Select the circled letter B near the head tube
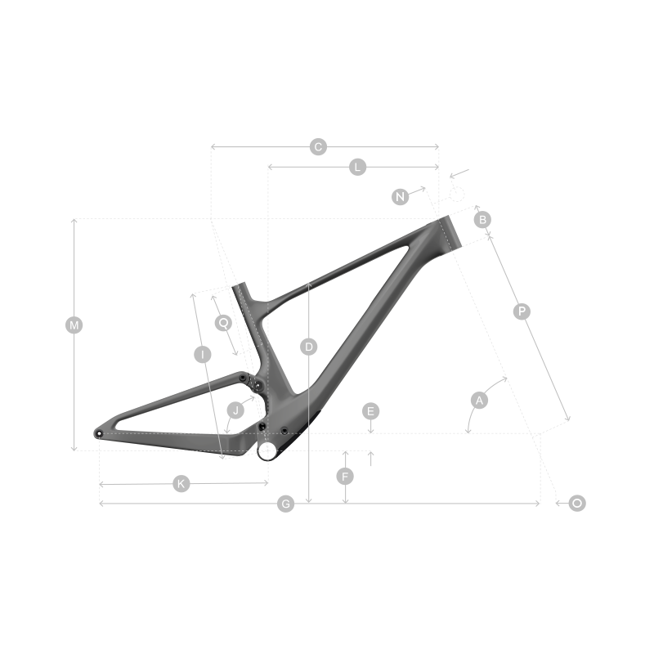482,220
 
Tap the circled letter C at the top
319,147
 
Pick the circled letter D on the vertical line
308,347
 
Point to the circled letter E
370,410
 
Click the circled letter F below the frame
346,476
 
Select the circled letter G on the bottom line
285,504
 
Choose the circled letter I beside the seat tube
202,354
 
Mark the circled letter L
357,167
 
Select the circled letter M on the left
74,325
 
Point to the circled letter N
400,196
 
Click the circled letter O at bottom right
577,504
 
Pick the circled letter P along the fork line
522,311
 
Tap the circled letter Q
223,322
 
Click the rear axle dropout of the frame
100,433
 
